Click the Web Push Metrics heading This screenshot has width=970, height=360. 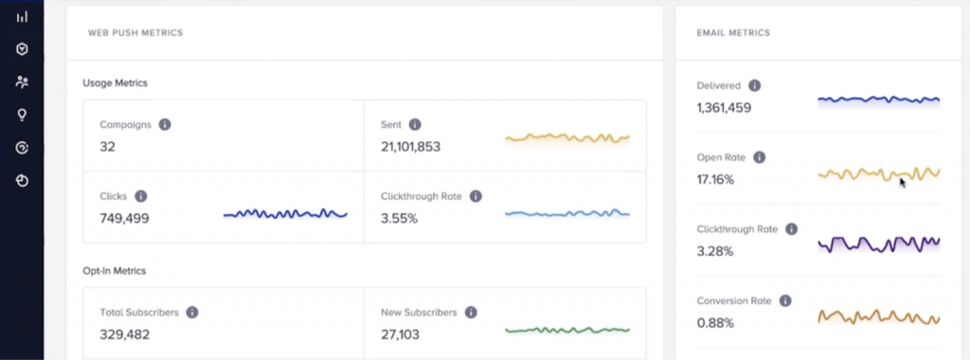point(135,33)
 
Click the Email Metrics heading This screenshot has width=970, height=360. point(733,33)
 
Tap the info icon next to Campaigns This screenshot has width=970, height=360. point(165,124)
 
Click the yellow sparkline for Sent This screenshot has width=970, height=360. point(566,138)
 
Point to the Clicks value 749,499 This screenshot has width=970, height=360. point(124,219)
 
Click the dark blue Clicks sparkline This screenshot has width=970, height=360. point(285,214)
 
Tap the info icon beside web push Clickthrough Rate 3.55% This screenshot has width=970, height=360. point(476,196)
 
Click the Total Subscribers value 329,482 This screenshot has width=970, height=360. point(124,334)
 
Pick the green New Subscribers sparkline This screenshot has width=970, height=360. point(566,330)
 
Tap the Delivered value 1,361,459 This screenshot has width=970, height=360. point(724,108)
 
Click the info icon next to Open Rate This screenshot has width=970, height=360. point(759,157)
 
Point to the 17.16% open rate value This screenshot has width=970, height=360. point(715,179)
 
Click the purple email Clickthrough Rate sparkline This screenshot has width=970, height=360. point(878,243)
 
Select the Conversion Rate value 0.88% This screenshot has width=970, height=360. point(715,323)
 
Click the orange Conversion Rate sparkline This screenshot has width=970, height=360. point(878,315)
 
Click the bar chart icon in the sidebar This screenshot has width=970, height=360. point(22,16)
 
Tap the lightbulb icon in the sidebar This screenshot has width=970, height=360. point(22,115)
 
